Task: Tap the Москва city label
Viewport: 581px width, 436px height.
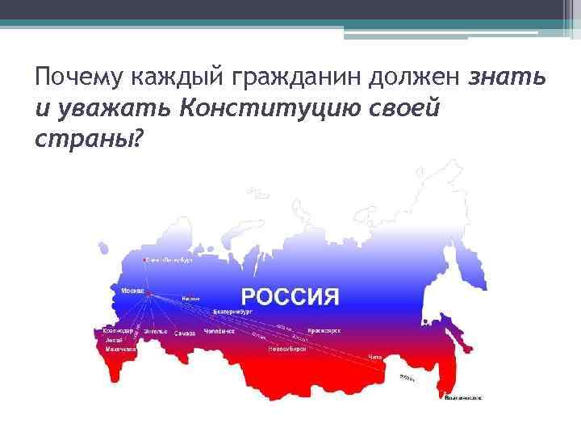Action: coord(132,289)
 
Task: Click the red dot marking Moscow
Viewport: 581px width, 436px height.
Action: coord(149,296)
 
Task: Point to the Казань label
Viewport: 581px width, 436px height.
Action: coord(190,300)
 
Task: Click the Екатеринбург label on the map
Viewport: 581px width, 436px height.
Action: coord(233,310)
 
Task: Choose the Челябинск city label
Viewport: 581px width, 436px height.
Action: coord(219,331)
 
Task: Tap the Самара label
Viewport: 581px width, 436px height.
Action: coord(186,332)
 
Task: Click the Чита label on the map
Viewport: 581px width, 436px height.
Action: coord(374,356)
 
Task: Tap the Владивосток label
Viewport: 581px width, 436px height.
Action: coord(464,397)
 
